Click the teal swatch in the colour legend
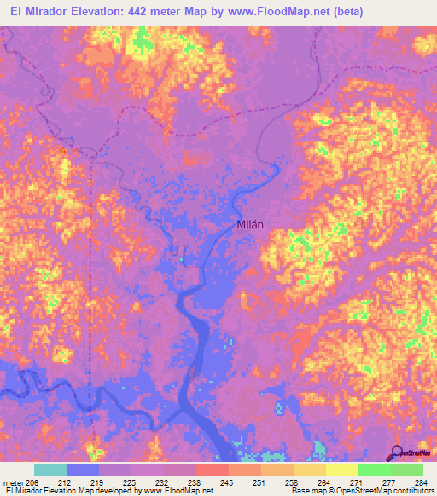[50, 470]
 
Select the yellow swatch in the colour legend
[341, 470]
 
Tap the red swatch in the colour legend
[212, 470]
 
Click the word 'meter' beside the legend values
[12, 482]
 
